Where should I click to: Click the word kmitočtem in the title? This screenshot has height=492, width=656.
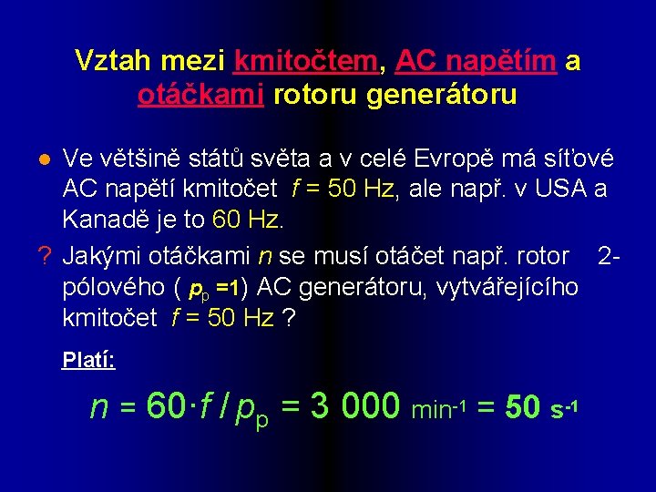tap(305, 61)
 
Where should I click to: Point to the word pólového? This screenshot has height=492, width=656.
tap(114, 287)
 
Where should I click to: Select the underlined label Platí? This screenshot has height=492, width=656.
tap(88, 360)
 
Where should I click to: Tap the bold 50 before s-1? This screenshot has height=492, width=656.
tap(523, 407)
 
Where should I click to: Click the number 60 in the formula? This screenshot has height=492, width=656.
tap(166, 406)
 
